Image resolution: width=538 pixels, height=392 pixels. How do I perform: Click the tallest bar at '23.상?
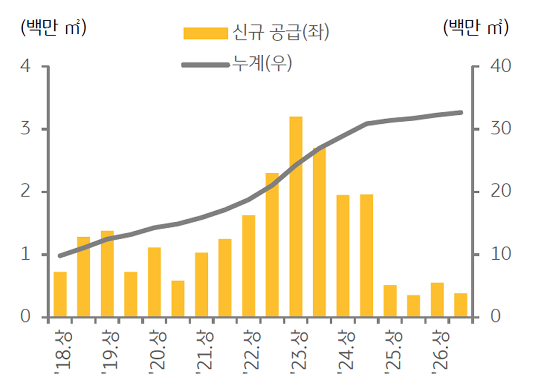295,217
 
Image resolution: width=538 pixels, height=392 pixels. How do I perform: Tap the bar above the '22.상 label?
248,266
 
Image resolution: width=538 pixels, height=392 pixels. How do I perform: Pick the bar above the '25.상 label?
390,301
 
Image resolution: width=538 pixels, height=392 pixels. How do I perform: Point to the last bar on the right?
460,305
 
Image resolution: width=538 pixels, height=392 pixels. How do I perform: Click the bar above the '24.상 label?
343,256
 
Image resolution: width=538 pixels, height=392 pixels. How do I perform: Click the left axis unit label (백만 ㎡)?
53,27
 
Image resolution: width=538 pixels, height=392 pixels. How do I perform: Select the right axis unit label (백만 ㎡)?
476,27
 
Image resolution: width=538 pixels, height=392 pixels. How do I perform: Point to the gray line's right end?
460,112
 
